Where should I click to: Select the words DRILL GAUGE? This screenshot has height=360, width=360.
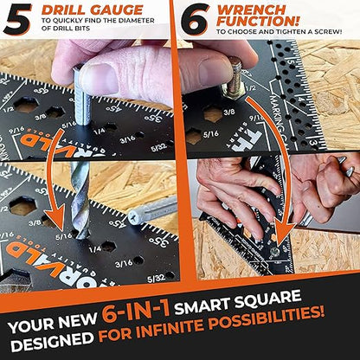click(80, 10)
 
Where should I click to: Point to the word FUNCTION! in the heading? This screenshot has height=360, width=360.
click(257, 20)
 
